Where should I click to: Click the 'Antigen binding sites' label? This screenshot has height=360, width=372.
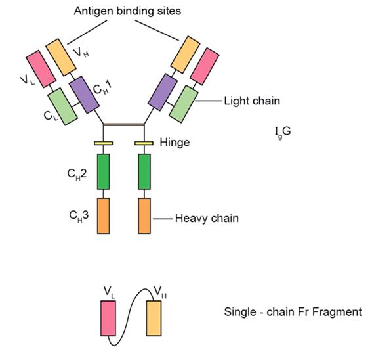pyautogui.click(x=127, y=11)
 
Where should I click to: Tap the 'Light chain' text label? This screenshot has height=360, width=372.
pyautogui.click(x=252, y=101)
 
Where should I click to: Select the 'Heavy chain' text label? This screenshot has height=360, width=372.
pyautogui.click(x=207, y=218)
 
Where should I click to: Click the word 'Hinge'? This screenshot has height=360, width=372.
pyautogui.click(x=175, y=143)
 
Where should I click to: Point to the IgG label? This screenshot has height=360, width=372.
pyautogui.click(x=283, y=132)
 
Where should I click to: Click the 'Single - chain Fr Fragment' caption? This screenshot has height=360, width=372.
pyautogui.click(x=293, y=312)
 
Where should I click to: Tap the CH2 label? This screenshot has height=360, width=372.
pyautogui.click(x=77, y=174)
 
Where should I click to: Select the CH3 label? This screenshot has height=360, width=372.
pyautogui.click(x=79, y=215)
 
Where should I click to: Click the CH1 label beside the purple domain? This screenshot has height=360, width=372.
pyautogui.click(x=102, y=88)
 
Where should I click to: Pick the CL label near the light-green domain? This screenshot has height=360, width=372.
pyautogui.click(x=51, y=116)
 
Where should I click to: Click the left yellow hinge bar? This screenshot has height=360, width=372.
pyautogui.click(x=104, y=143)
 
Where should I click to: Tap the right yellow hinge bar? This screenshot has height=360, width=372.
pyautogui.click(x=144, y=143)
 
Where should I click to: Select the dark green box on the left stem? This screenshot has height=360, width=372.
pyautogui.click(x=104, y=171)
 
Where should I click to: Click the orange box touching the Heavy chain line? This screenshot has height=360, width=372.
pyautogui.click(x=144, y=215)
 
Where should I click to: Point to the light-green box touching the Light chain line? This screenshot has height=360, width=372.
pyautogui.click(x=184, y=104)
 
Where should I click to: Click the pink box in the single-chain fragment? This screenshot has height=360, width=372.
pyautogui.click(x=108, y=318)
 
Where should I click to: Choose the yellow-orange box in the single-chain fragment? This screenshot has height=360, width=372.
pyautogui.click(x=154, y=318)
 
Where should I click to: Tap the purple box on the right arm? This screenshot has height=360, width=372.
pyautogui.click(x=163, y=92)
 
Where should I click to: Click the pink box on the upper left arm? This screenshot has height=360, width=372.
pyautogui.click(x=41, y=69)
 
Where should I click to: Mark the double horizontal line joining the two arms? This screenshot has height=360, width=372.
pyautogui.click(x=124, y=124)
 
